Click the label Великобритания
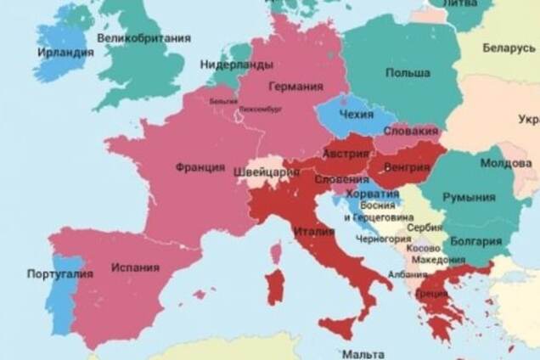pos(143,38)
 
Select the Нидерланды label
pos(236,65)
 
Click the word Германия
pos(295,87)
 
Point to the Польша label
pos(407,73)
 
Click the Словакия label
pos(411,132)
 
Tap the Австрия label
pos(346,155)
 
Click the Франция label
pos(200,167)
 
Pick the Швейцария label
pos(267,172)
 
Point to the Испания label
pos(134,267)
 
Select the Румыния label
pos(469,197)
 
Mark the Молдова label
pos(507,163)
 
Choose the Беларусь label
pos(509,48)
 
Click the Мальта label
pos(362,352)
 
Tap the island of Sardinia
pos(276,287)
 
